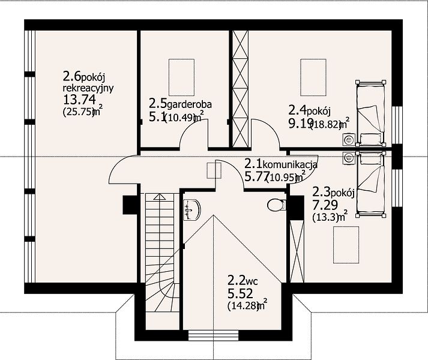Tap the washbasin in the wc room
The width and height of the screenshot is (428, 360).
coord(192,209)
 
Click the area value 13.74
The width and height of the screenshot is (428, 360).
coord(79,100)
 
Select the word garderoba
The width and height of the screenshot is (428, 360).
coord(189,104)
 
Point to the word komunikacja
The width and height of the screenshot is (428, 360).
coord(290,164)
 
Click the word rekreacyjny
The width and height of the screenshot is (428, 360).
coord(88,89)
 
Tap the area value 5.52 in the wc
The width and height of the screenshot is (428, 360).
coord(240,293)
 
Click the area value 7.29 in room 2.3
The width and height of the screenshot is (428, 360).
coord(325,205)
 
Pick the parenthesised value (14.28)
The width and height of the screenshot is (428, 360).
coord(243,305)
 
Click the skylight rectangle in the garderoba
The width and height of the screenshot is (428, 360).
coord(181,77)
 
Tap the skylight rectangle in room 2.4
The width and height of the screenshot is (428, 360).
coord(313,77)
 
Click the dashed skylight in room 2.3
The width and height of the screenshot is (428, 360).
coord(346,245)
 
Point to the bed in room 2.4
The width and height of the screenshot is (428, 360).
coord(370,113)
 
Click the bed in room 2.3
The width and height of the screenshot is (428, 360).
coord(370,185)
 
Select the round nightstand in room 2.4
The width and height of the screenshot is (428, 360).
coord(349,140)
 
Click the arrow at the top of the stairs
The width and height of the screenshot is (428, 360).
coord(159,197)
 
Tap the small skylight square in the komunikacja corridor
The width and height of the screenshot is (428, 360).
coord(214,170)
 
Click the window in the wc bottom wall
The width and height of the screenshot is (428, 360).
coord(214,335)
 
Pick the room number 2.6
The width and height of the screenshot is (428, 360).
coord(71,77)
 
